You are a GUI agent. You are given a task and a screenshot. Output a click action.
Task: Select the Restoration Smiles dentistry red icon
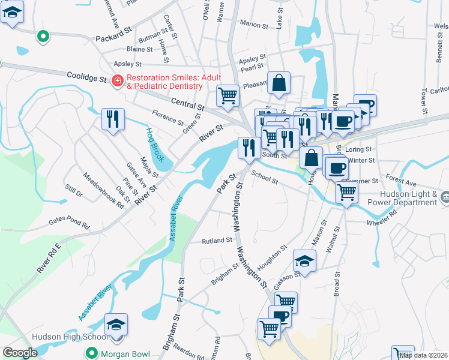tap(118, 80)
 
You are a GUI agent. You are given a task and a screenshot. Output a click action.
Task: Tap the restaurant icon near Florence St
tap(112, 119)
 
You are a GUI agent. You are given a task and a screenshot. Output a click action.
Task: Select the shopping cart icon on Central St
tap(228, 95)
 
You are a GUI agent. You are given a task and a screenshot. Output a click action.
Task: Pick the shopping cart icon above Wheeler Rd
tap(346, 192)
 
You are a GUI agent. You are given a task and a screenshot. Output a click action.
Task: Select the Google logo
tap(20, 353)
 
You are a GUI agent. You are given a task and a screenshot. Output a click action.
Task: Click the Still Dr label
tap(74, 191)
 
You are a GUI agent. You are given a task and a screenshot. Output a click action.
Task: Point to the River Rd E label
tap(49, 259)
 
